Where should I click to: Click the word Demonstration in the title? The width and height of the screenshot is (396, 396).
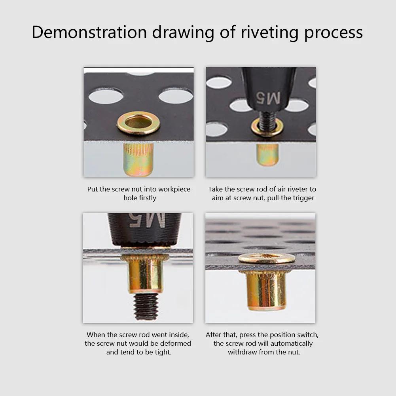tap(89, 32)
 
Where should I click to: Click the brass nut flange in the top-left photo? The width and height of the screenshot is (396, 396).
tap(138, 123)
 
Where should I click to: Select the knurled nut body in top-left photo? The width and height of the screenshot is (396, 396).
tap(138, 159)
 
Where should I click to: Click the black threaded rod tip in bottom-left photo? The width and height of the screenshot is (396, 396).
tap(146, 306)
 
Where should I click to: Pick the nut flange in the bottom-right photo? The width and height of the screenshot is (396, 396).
tap(266, 258)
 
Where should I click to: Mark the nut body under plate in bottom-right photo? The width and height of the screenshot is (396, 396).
tap(266, 290)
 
